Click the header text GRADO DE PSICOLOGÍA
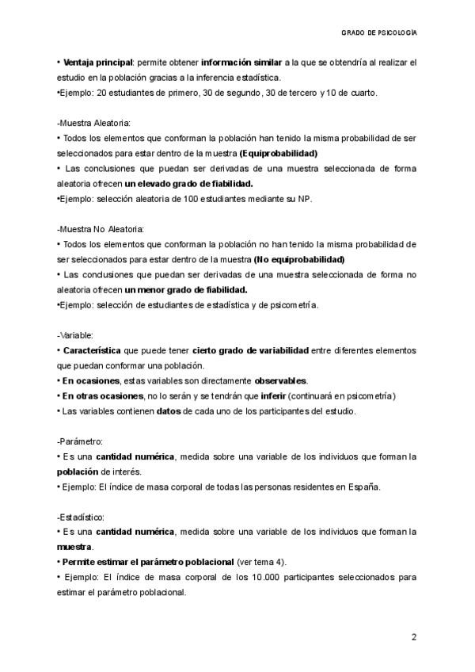(379, 33)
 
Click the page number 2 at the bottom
(414, 637)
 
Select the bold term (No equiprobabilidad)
(299, 259)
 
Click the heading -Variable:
(75, 335)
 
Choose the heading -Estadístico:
(82, 517)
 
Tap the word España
(364, 487)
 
